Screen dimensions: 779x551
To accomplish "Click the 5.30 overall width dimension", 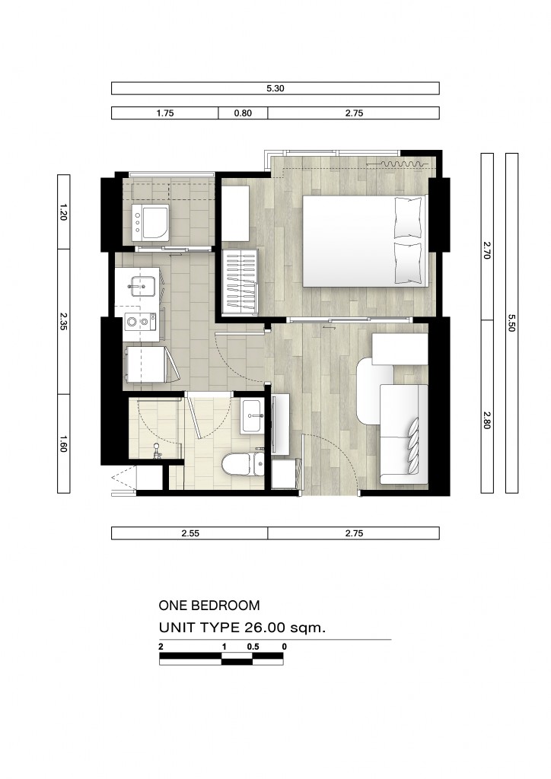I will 275,88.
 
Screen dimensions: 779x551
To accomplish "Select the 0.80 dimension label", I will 243,113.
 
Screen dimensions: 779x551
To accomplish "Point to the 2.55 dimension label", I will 190,533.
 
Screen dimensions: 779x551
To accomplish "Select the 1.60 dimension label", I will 64,443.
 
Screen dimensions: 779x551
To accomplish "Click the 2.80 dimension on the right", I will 486,421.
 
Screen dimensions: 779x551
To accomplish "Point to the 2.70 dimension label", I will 486,252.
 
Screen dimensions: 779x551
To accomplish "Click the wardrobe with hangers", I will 240,281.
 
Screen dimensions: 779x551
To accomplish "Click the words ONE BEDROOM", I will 209,606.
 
